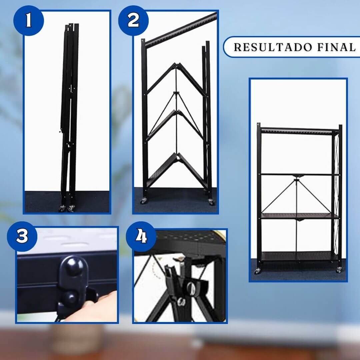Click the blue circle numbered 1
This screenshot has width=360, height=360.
[29, 20]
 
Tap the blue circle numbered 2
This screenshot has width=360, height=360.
[133, 20]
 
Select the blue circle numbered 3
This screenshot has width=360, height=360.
[22, 236]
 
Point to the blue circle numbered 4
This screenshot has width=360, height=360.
[141, 236]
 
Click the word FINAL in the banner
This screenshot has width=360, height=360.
[337, 47]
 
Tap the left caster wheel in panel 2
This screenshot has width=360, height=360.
[144, 201]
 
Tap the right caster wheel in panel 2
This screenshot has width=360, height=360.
[211, 202]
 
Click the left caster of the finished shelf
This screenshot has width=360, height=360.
[258, 271]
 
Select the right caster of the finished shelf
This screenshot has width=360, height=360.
[339, 270]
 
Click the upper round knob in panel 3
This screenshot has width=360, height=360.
[74, 266]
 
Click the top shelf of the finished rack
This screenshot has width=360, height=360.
[300, 131]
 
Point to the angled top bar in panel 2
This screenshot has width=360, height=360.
[181, 29]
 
